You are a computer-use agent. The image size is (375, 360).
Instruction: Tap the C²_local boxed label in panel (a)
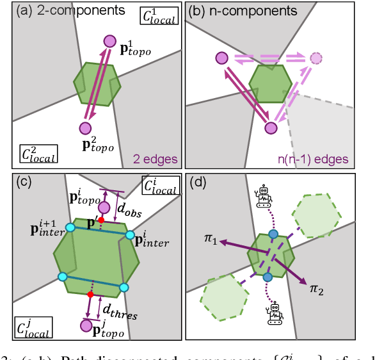tap(38, 154)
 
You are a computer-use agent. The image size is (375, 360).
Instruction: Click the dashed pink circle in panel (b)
tap(315, 59)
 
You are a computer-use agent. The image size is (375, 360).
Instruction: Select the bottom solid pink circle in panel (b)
tap(271, 127)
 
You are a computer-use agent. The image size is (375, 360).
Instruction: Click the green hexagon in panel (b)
tap(270, 81)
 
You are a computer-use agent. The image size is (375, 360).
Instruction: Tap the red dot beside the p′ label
tap(100, 220)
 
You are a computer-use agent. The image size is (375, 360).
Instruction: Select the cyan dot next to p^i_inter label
tap(130, 235)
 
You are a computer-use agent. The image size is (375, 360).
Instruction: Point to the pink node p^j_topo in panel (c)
tap(86, 326)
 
